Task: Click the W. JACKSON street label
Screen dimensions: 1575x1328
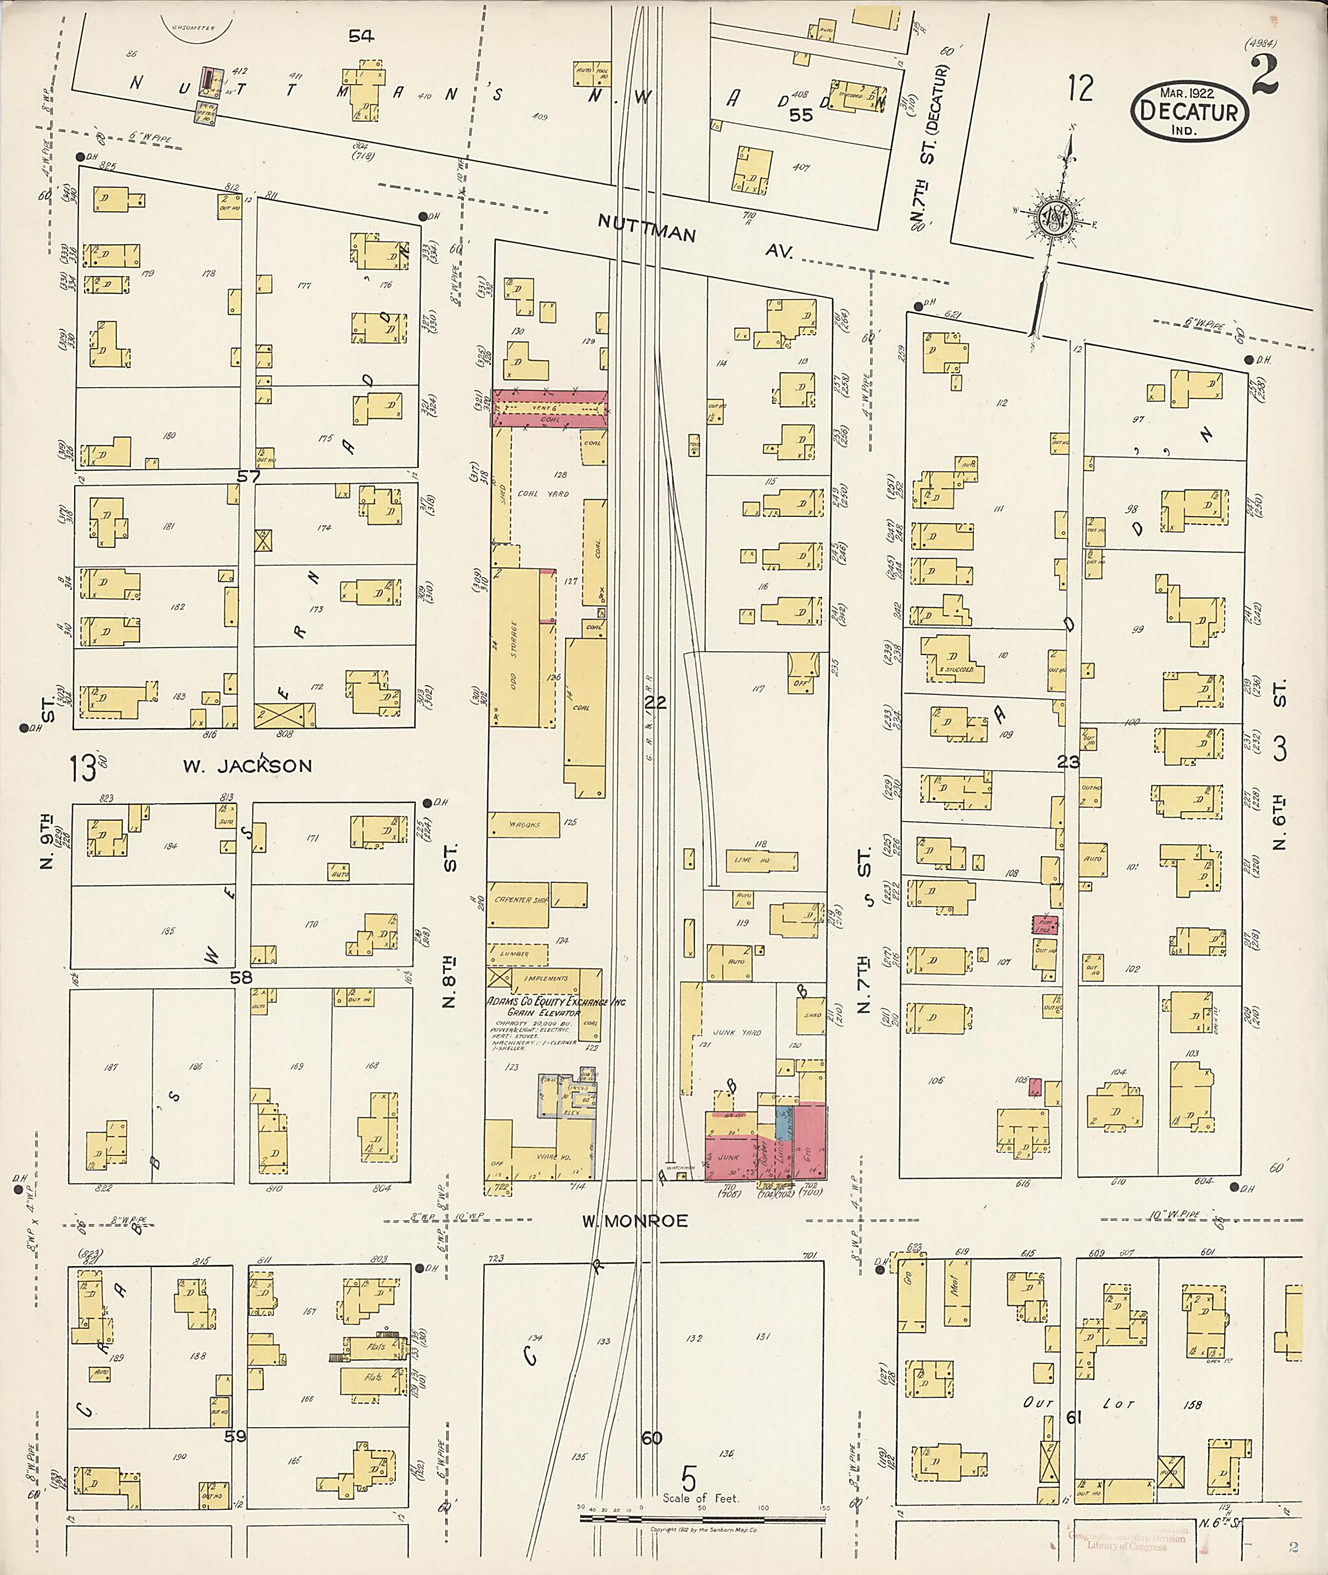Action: click(x=248, y=766)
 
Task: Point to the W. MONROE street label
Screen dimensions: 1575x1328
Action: click(x=634, y=1220)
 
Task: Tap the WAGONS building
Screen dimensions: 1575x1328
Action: click(x=523, y=824)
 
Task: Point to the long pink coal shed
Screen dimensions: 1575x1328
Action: click(x=550, y=409)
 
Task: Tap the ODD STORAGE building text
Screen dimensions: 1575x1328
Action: click(x=514, y=655)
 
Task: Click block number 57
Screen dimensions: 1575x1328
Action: click(x=248, y=476)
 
